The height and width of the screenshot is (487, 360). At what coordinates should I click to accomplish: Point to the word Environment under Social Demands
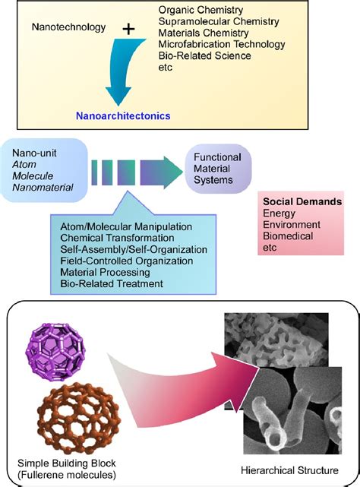(x=289, y=225)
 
